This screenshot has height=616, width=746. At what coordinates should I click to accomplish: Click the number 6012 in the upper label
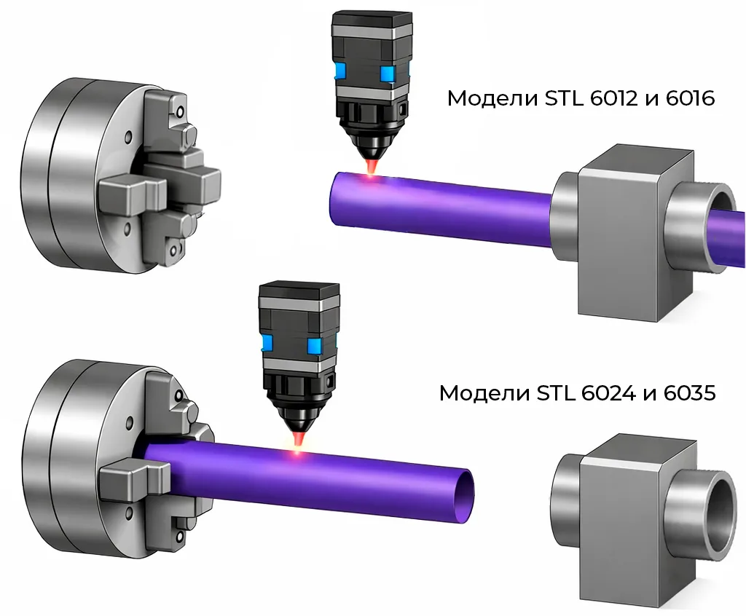tap(613, 98)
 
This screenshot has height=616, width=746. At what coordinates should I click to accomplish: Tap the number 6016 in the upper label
tap(691, 98)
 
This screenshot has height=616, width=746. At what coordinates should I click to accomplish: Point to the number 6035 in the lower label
tap(689, 393)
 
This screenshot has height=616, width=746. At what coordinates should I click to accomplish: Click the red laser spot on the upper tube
tap(372, 178)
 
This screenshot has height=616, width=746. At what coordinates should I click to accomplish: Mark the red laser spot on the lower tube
tap(298, 452)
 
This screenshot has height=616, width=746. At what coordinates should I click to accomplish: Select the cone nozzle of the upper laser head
tap(372, 148)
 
